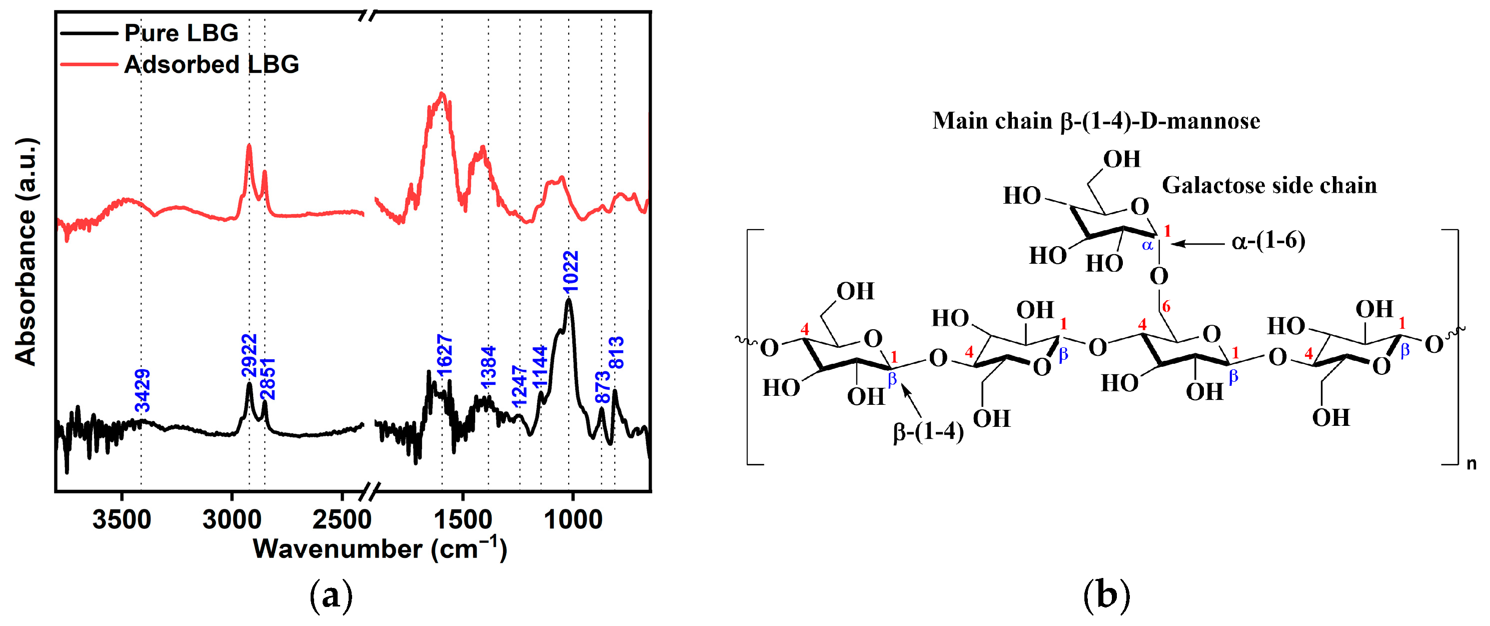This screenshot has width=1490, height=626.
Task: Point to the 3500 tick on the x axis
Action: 122,519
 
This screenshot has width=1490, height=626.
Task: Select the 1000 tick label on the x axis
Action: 573,519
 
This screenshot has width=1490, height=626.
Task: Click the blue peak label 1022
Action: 571,271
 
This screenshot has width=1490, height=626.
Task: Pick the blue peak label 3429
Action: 142,390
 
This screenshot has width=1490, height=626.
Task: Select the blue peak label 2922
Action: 249,355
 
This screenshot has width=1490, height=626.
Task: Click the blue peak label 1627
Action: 444,355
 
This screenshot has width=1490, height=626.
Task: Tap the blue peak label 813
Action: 617,352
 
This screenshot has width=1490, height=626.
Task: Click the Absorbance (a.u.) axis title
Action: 26,252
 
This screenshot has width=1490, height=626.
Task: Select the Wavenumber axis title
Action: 380,548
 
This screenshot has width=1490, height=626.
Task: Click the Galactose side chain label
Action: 1269,185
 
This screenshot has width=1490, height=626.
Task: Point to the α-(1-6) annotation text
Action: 1268,240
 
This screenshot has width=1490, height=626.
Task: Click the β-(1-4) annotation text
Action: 928,432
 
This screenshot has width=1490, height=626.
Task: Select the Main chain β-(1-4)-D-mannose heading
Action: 1095,121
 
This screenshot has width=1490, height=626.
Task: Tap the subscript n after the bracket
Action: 1471,463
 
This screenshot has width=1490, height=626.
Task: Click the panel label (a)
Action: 331,596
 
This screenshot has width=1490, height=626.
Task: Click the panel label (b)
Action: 1106,596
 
